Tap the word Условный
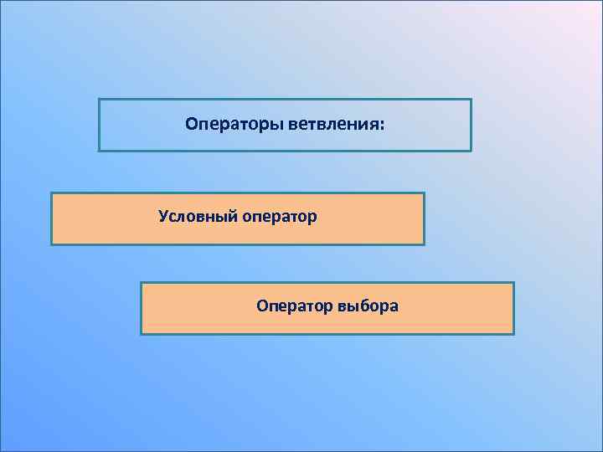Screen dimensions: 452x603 click(x=198, y=218)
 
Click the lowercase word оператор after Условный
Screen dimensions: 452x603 click(x=279, y=218)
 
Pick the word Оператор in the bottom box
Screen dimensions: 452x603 click(x=295, y=306)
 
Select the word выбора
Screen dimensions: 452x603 click(x=368, y=306)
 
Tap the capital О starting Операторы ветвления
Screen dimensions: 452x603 click(x=191, y=126)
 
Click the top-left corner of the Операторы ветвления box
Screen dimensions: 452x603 click(x=99, y=100)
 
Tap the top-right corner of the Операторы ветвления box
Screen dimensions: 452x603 click(x=472, y=100)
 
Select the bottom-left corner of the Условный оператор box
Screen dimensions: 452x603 click(x=52, y=244)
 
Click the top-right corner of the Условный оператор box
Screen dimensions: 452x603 click(x=425, y=193)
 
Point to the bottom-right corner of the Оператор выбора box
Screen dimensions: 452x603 click(x=513, y=334)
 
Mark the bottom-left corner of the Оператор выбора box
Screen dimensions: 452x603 click(x=141, y=334)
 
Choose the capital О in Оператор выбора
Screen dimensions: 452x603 click(x=262, y=306)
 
